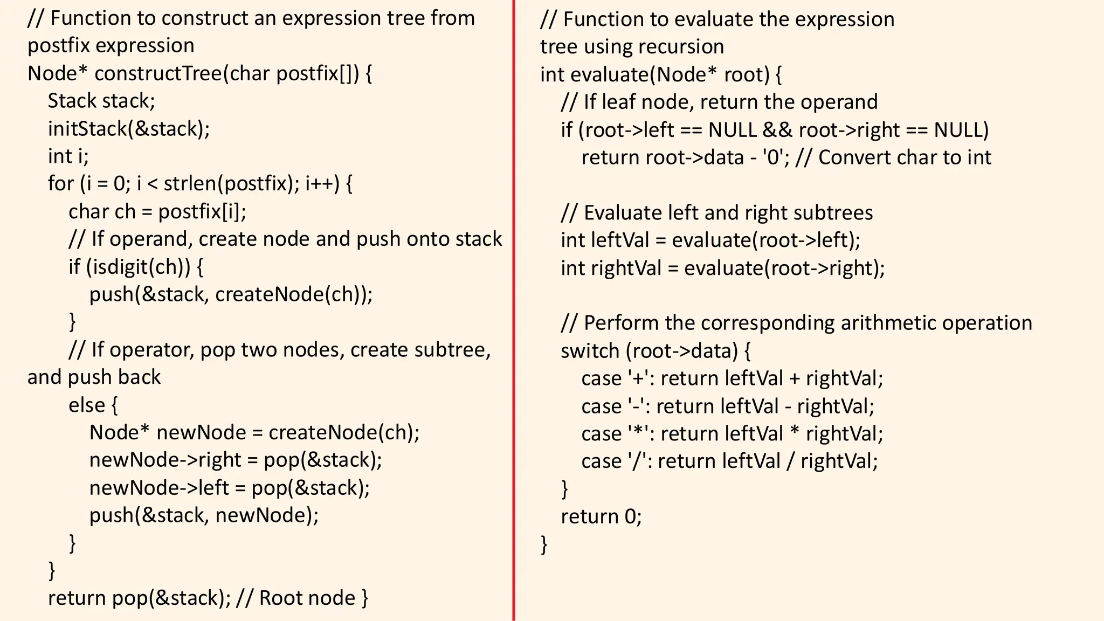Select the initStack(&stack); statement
(x=128, y=129)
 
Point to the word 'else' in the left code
(x=86, y=405)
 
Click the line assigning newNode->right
(x=235, y=460)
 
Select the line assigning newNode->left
(x=229, y=488)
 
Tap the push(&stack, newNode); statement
(x=204, y=515)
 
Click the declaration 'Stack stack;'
(x=101, y=101)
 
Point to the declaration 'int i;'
(x=68, y=156)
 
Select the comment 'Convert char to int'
(x=905, y=157)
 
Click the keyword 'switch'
(x=590, y=351)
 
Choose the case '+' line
(x=732, y=378)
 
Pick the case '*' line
(x=732, y=434)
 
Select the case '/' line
(x=729, y=461)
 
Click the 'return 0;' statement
(x=601, y=516)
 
